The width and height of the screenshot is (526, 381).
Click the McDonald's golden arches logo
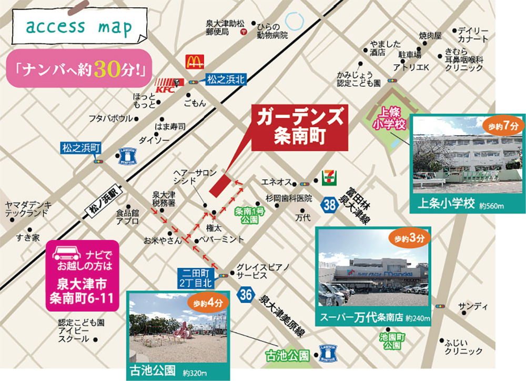(x=193, y=62)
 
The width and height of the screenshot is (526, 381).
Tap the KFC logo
(x=168, y=83)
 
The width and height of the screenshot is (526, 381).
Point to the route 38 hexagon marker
(x=330, y=205)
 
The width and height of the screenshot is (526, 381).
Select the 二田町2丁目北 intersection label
(x=195, y=278)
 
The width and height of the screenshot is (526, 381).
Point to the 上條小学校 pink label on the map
(x=390, y=118)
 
